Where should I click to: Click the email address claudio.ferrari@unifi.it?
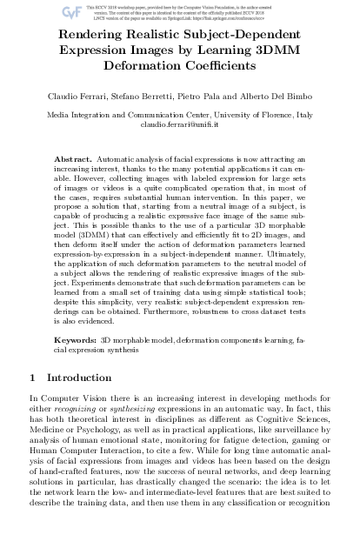point(180,124)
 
